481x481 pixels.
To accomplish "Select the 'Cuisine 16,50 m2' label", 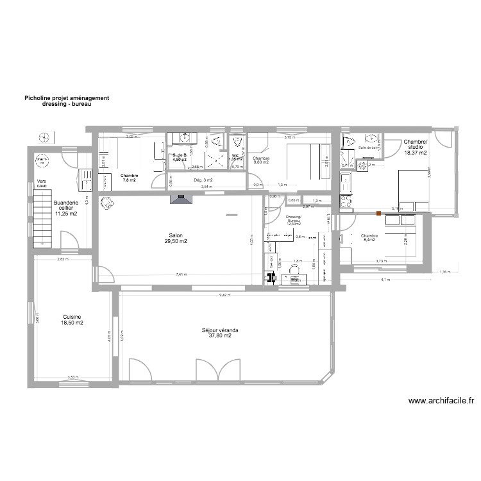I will click(x=72, y=320).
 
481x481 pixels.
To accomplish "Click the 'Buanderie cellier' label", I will click(x=67, y=208).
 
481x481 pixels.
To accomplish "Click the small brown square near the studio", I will click(x=379, y=213).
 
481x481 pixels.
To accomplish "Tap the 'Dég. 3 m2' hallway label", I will click(x=202, y=181).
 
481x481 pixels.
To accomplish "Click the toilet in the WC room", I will click(x=238, y=142).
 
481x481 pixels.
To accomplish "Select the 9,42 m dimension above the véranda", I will click(x=224, y=296).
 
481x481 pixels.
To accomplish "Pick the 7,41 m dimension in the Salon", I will click(x=181, y=274).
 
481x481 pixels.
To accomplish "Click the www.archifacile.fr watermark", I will click(x=441, y=401).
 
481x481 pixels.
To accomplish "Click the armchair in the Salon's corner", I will click(x=106, y=203).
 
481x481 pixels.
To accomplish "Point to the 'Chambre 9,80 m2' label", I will click(x=261, y=160).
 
